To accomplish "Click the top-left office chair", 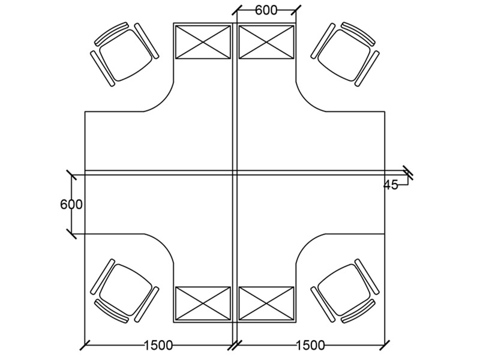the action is click(125, 54).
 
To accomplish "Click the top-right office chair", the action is click(345, 54).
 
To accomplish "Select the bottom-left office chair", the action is click(125, 291).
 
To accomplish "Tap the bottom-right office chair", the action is click(345, 291).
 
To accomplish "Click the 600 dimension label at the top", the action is click(266, 10).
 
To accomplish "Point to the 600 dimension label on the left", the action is click(71, 205).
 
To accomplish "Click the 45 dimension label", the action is click(391, 185).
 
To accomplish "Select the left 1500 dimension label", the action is click(158, 346).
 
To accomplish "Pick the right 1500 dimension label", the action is click(310, 346).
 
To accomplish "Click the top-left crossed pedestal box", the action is click(203, 42).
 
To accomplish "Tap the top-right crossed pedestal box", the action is click(266, 42).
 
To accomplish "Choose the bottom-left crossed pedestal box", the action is click(203, 304).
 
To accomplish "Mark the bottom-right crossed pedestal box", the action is click(266, 304).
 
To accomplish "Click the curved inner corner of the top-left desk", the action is click(165, 103).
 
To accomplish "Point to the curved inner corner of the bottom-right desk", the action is click(305, 243).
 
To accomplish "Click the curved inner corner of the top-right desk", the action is click(305, 103).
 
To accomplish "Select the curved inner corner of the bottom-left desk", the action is click(165, 243).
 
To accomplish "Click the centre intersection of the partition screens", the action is click(235, 173).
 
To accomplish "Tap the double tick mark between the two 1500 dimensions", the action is click(235, 345).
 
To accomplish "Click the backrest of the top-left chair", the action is click(112, 34).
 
